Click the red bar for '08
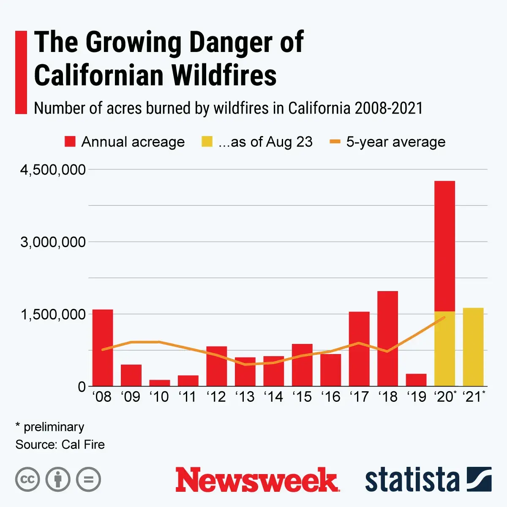point(103,348)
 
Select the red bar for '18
point(387,338)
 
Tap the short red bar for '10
point(160,383)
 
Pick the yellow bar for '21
point(473,347)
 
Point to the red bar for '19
point(416,380)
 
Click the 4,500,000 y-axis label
point(53,170)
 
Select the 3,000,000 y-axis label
point(53,242)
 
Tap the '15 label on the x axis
point(302,397)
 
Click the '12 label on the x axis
point(216,397)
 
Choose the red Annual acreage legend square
point(70,142)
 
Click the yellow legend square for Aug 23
point(207,142)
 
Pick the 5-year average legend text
point(395,142)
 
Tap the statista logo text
point(412,480)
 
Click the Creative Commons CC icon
point(27,480)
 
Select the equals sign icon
point(88,480)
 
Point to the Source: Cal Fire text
point(60,444)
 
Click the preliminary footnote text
point(54,427)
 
